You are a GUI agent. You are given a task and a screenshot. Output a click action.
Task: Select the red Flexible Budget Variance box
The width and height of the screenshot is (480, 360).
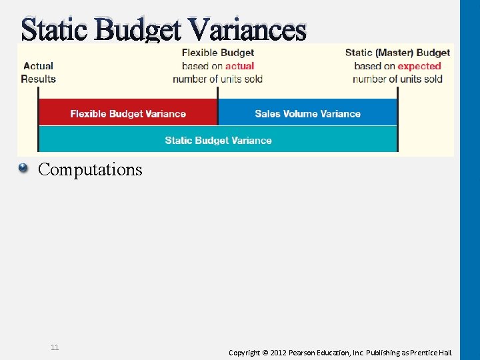128,113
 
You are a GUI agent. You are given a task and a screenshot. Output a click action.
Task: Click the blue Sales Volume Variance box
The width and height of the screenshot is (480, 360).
307,113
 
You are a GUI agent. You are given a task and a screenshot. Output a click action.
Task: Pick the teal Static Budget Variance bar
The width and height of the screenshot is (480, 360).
218,140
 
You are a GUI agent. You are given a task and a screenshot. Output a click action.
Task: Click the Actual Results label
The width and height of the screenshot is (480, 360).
38,72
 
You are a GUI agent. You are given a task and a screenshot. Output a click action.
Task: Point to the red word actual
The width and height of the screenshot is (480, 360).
239,66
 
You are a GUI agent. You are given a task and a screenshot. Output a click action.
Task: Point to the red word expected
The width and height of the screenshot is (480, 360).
419,66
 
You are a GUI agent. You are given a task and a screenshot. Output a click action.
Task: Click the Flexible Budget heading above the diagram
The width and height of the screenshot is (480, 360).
218,53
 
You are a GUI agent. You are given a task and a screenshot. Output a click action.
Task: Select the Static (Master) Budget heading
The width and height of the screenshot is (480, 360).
397,53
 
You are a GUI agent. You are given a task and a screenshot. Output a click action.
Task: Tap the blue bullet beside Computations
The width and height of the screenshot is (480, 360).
23,169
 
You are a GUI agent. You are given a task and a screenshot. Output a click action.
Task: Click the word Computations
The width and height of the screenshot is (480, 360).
90,169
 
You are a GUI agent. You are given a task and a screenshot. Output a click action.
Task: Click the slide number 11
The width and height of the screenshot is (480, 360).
55,347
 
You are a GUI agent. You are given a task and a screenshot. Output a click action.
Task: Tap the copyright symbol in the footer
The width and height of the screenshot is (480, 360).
265,352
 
